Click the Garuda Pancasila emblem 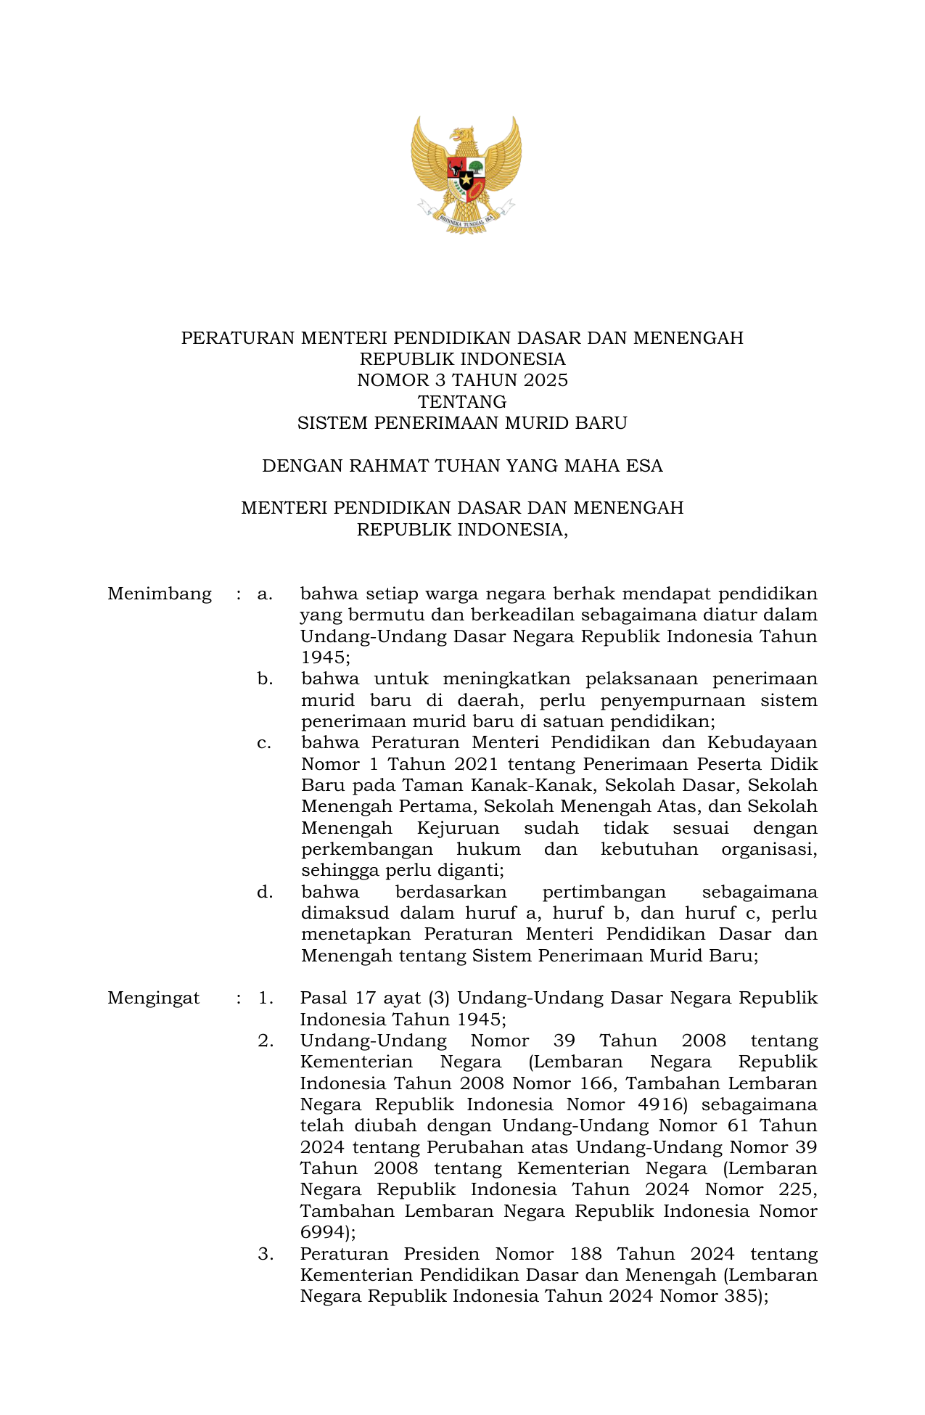point(466,175)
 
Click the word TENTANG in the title point(462,401)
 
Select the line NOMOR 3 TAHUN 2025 point(462,380)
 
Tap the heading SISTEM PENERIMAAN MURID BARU point(462,422)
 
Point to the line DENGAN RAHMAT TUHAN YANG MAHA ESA point(462,465)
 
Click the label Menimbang point(160,594)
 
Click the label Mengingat point(154,998)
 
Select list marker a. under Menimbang point(265,594)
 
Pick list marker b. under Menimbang point(265,679)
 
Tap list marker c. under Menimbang point(265,743)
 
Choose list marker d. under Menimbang point(265,892)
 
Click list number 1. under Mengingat point(266,998)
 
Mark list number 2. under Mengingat point(266,1041)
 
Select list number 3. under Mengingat point(266,1254)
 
